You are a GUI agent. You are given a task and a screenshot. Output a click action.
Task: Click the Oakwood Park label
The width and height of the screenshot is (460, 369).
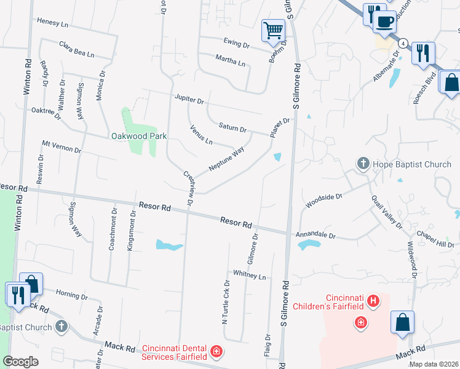pyautogui.click(x=139, y=136)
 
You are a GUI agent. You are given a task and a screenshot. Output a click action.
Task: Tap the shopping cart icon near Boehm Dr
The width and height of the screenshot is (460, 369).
pyautogui.click(x=273, y=30)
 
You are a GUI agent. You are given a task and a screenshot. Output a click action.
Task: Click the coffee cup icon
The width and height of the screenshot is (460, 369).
pyautogui.click(x=384, y=22)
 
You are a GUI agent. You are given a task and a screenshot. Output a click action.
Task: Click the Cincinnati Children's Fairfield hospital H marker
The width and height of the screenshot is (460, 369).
pyautogui.click(x=372, y=301)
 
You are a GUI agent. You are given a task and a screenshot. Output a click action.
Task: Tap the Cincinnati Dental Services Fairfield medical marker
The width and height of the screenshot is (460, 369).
pyautogui.click(x=216, y=352)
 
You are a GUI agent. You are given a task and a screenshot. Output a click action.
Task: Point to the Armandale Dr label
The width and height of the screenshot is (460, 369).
pyautogui.click(x=316, y=235)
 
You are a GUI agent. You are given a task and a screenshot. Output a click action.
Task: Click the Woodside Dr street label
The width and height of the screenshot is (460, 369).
pyautogui.click(x=324, y=200)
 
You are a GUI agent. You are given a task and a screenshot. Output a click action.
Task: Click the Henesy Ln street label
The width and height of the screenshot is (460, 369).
pyautogui.click(x=52, y=22)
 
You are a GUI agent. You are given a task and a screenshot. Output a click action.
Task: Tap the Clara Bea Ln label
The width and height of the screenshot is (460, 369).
pyautogui.click(x=77, y=49)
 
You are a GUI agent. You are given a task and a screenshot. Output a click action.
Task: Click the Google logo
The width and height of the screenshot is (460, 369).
pyautogui.click(x=20, y=362)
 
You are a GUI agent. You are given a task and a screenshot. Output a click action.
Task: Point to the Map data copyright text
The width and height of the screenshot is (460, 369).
pyautogui.click(x=434, y=364)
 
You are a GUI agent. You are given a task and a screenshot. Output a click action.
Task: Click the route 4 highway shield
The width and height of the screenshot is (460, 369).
pyautogui.click(x=403, y=43)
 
